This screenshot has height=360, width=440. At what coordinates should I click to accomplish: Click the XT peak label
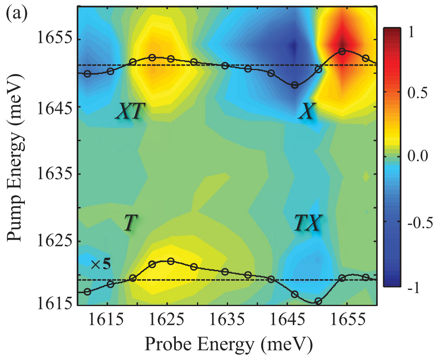pos(130,112)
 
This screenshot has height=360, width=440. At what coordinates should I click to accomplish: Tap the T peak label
pos(130,224)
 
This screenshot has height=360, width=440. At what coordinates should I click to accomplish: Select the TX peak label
pos(307,224)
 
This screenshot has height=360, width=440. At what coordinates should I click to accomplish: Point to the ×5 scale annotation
pos(101,264)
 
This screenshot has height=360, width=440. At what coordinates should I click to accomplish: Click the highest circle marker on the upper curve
pos(342,51)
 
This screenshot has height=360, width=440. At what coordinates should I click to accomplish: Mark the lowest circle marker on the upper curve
pos(295,85)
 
